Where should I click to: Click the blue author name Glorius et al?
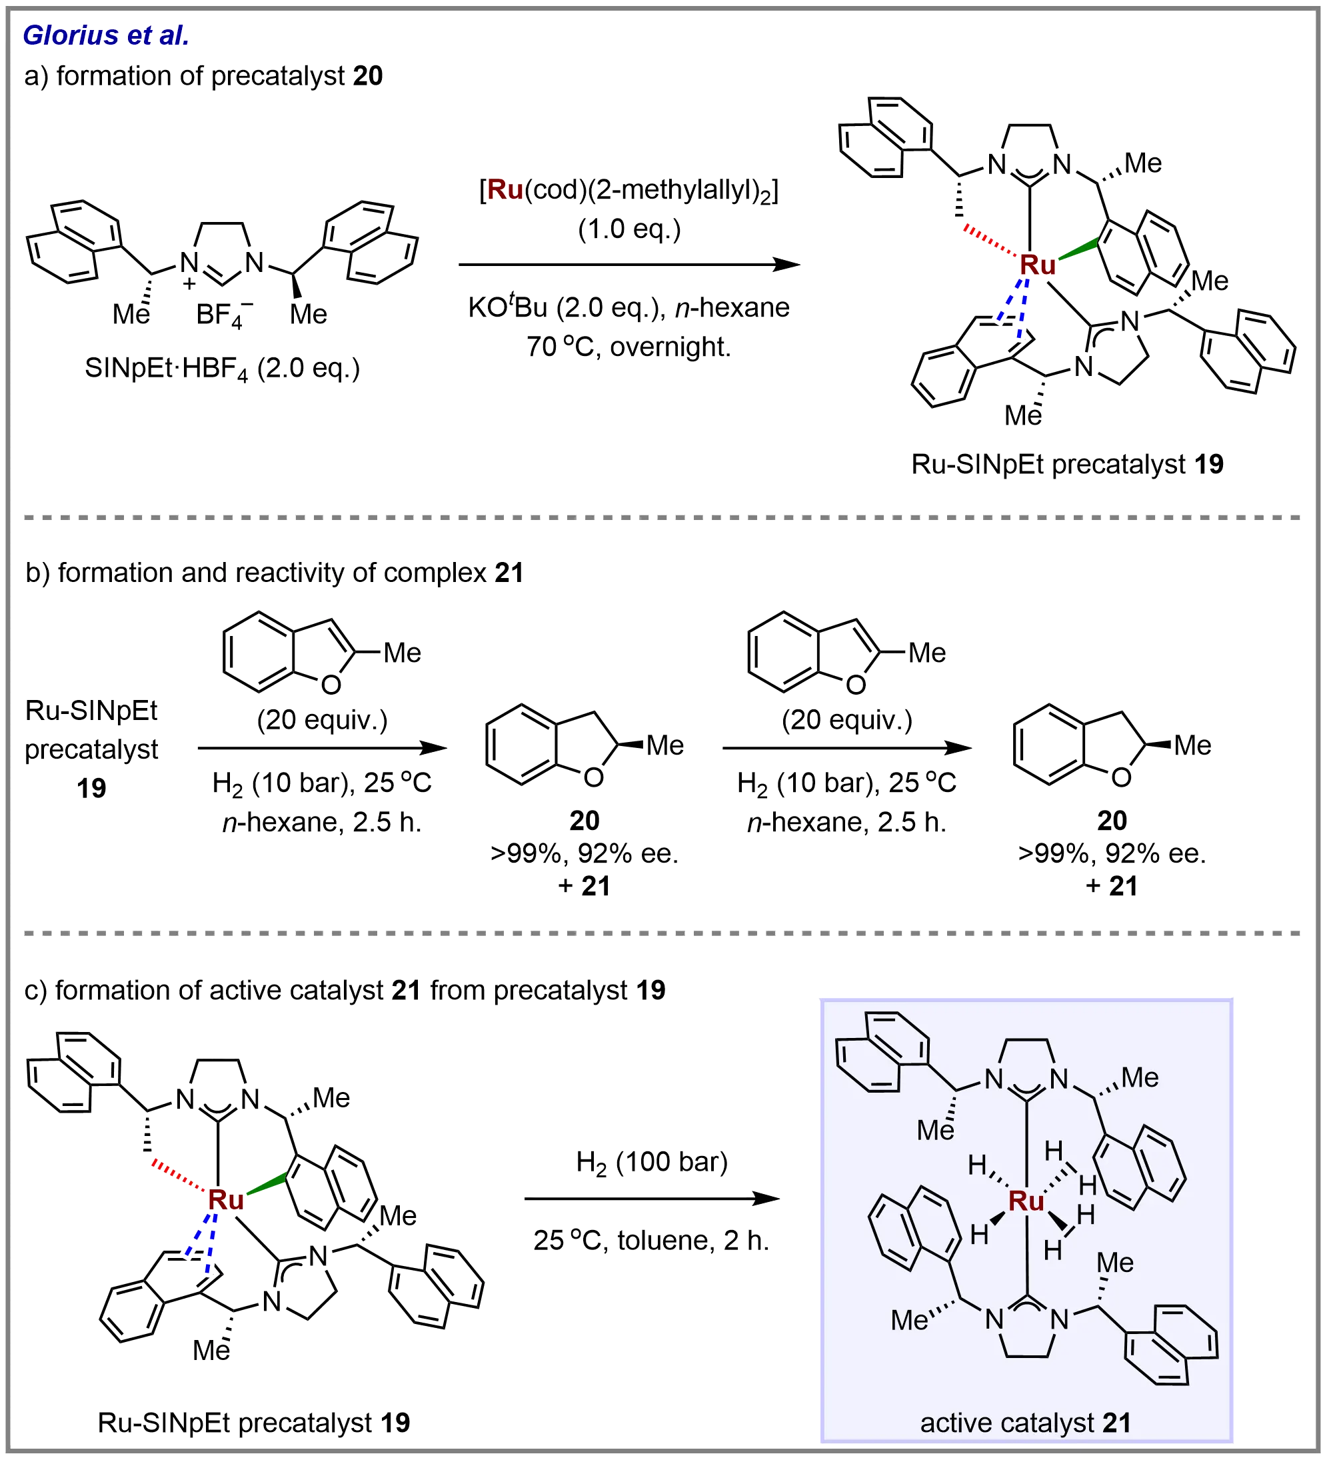pos(106,35)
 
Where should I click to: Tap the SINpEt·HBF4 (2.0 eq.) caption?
pos(222,369)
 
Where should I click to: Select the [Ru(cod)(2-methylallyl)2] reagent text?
pos(629,191)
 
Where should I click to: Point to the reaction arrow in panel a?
pos(630,265)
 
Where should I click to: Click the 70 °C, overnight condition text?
pos(628,347)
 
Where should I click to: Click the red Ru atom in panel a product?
pos(1038,265)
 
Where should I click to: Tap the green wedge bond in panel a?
pos(1076,250)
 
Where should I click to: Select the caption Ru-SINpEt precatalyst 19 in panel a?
pos(1068,464)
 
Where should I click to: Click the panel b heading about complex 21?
pos(275,573)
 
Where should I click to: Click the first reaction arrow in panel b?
pos(322,748)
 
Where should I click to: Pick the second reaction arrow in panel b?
pos(846,748)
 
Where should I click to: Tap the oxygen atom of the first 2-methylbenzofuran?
pos(330,683)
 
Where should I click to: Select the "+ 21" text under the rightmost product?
pos(1110,886)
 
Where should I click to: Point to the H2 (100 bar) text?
pos(653,1163)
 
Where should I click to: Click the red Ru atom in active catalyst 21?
pos(1026,1201)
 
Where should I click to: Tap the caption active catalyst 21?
pos(1025,1423)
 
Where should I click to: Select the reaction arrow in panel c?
pos(652,1199)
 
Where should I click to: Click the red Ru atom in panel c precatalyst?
pos(225,1200)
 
